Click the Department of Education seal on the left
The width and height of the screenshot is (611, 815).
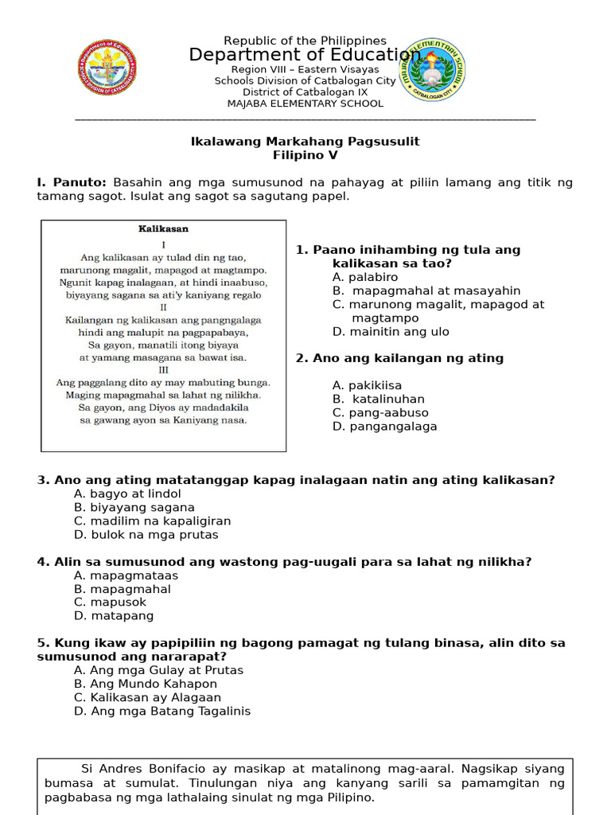(x=107, y=67)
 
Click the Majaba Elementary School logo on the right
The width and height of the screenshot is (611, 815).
(x=432, y=69)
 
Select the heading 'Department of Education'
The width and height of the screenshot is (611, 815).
(x=305, y=55)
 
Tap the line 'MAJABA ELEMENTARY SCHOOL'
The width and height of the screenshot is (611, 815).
(x=305, y=103)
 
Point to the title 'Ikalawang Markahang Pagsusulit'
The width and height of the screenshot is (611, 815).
(x=305, y=142)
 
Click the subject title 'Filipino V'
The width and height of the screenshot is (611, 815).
(x=305, y=155)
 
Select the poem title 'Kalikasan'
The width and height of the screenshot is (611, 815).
(x=163, y=229)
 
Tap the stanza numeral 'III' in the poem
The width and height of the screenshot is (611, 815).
(x=163, y=369)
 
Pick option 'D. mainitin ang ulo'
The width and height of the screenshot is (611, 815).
(x=391, y=331)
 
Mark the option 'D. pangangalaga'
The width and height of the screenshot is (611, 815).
(x=384, y=426)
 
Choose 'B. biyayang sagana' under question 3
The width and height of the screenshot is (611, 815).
(x=134, y=507)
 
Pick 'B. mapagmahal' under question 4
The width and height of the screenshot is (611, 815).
(x=122, y=589)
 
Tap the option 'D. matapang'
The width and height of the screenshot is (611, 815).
(x=114, y=615)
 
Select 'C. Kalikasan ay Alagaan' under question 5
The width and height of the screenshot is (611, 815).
(x=147, y=697)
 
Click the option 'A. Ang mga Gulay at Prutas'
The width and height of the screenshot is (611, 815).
(x=158, y=670)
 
